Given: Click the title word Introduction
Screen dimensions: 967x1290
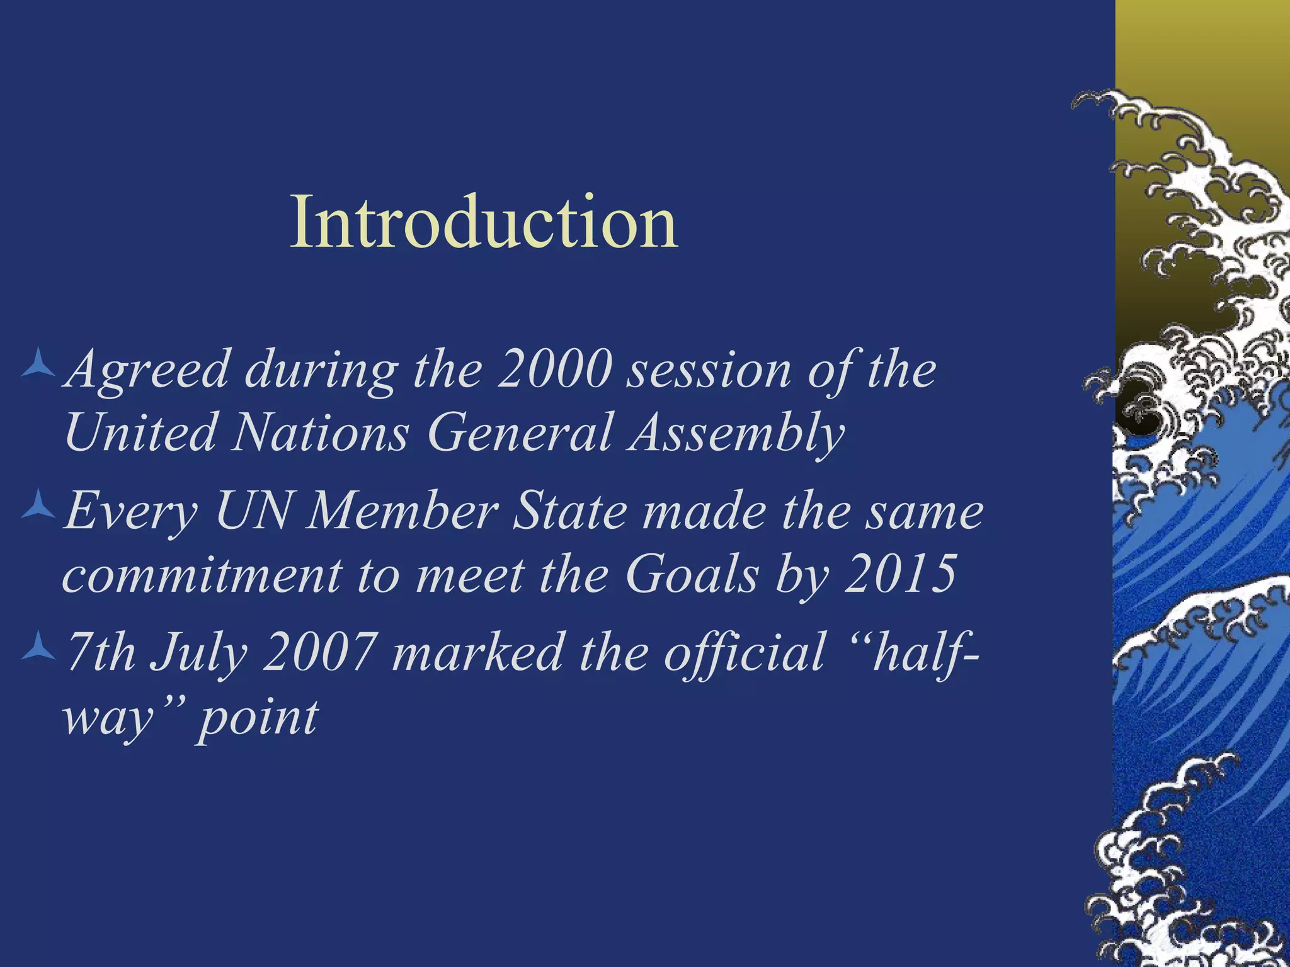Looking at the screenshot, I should pyautogui.click(x=484, y=222).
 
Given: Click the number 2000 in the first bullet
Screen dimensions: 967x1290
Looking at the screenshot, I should pyautogui.click(x=554, y=370).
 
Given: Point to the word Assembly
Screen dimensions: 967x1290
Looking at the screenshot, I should pyautogui.click(x=735, y=433).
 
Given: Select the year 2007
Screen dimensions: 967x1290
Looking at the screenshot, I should pyautogui.click(x=319, y=653).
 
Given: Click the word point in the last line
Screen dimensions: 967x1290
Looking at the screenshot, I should pyautogui.click(x=258, y=719).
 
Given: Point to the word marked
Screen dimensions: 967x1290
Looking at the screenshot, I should pyautogui.click(x=476, y=653).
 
